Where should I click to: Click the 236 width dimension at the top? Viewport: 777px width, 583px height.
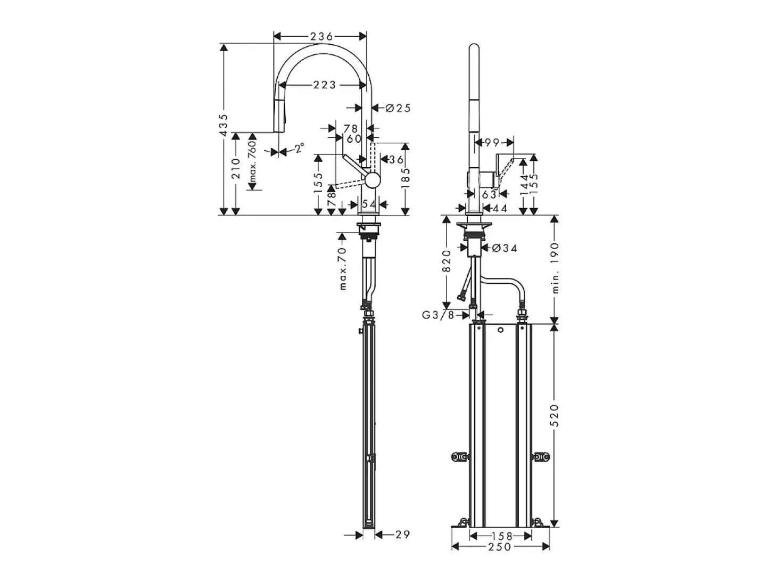click(321, 36)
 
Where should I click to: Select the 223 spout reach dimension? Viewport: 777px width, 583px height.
click(324, 85)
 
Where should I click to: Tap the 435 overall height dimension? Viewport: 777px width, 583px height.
click(224, 125)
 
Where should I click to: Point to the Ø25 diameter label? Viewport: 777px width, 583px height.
click(398, 108)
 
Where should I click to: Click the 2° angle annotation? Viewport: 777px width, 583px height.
click(300, 148)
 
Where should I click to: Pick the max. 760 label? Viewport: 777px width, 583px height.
click(252, 161)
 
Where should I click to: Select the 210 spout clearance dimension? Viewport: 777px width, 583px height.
click(236, 168)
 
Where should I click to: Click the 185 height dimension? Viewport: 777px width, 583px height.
click(406, 178)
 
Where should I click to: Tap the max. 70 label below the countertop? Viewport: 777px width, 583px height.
click(342, 269)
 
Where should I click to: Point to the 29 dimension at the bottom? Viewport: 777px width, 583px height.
click(402, 535)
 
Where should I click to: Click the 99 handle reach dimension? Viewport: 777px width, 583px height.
click(492, 143)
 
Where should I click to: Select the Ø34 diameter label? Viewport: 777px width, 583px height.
click(505, 248)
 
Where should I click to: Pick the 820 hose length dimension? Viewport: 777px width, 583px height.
click(447, 261)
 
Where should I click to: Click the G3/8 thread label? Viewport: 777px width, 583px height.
click(438, 315)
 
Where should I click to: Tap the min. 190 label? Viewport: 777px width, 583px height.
click(555, 268)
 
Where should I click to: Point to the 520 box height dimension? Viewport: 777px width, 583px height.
click(555, 416)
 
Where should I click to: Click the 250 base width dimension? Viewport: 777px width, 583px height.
click(500, 547)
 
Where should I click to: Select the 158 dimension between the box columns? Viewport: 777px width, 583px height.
click(502, 536)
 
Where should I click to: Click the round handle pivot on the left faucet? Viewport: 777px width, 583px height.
click(373, 181)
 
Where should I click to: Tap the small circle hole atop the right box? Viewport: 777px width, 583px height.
click(500, 330)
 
